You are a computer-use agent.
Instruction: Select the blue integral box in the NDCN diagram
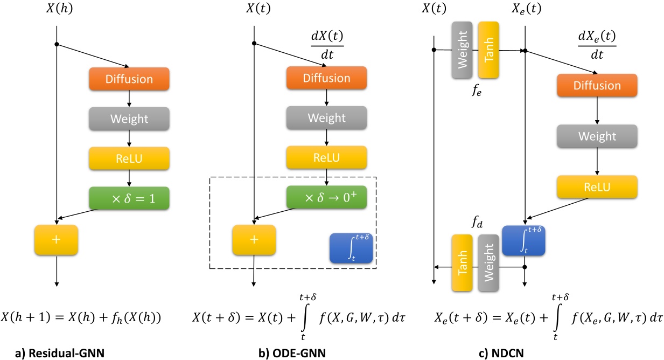pyautogui.click(x=523, y=240)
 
